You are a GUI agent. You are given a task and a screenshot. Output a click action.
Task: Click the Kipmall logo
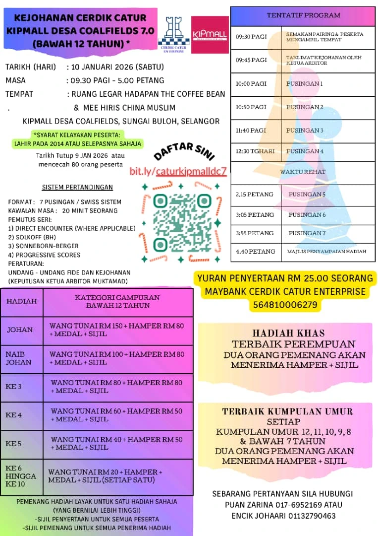tap(210, 34)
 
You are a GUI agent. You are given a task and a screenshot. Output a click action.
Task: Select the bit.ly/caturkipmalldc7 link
tap(178, 171)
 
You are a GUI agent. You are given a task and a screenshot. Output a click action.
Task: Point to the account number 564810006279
tap(285, 304)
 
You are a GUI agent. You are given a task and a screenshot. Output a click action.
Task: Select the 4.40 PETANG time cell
tap(255, 252)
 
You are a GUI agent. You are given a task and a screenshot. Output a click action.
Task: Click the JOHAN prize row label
tap(20, 330)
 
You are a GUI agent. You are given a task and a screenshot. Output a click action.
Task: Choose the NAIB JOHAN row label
tap(18, 358)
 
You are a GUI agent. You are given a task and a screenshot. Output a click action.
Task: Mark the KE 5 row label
tap(14, 444)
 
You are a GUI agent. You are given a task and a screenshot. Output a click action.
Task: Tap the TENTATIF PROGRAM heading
tap(303, 15)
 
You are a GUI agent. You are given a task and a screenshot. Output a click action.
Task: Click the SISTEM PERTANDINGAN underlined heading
tap(77, 188)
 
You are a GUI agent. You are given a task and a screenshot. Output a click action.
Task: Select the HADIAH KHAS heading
tap(288, 334)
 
